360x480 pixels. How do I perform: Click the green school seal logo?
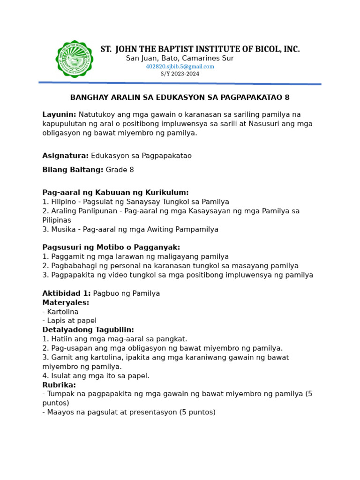[x=74, y=59]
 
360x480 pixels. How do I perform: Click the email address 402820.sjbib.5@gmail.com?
[x=180, y=67]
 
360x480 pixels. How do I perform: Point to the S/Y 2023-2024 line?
[x=180, y=74]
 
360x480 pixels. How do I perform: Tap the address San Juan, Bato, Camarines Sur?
[x=180, y=58]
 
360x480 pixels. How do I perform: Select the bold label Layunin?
[x=59, y=114]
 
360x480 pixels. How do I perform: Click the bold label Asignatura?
[x=65, y=156]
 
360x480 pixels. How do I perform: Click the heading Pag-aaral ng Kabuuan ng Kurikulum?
[x=115, y=192]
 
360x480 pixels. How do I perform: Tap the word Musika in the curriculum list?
[x=61, y=229]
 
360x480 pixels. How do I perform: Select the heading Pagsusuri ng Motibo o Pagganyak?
[x=111, y=247]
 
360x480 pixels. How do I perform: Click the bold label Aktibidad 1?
[x=67, y=293]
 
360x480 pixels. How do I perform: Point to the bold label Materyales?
[x=66, y=302]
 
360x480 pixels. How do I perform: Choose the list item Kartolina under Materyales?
[x=63, y=312]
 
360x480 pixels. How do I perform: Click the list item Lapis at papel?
[x=72, y=321]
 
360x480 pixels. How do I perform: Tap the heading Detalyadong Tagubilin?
[x=88, y=330]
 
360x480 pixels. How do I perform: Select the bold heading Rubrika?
[x=59, y=385]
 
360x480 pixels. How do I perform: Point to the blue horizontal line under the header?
[x=180, y=83]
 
